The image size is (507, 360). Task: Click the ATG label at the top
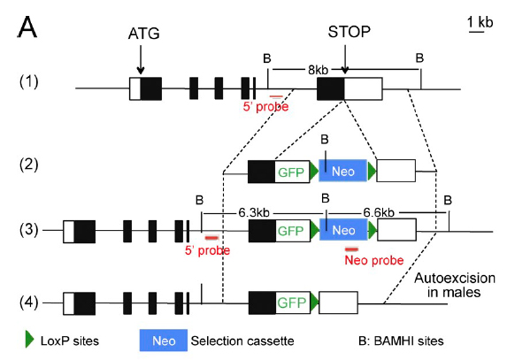144,34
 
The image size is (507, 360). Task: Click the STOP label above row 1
350,32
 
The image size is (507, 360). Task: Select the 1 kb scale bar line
477,32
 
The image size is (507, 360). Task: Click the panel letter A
27,27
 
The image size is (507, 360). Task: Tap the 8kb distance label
319,70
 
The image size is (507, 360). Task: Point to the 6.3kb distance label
254,212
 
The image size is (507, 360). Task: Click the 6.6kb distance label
379,212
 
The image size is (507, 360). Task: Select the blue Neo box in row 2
343,171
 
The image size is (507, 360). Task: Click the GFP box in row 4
292,303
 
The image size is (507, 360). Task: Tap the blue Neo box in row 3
343,230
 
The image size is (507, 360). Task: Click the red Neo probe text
374,260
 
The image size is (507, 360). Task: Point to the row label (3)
29,230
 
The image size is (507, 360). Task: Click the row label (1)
29,81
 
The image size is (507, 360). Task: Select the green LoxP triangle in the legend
29,340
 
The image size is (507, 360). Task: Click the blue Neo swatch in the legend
164,341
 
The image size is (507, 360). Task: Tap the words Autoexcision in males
454,285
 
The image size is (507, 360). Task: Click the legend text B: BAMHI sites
401,341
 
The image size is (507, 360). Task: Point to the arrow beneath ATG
141,59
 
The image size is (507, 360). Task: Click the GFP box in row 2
292,172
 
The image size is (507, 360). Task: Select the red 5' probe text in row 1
265,107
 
